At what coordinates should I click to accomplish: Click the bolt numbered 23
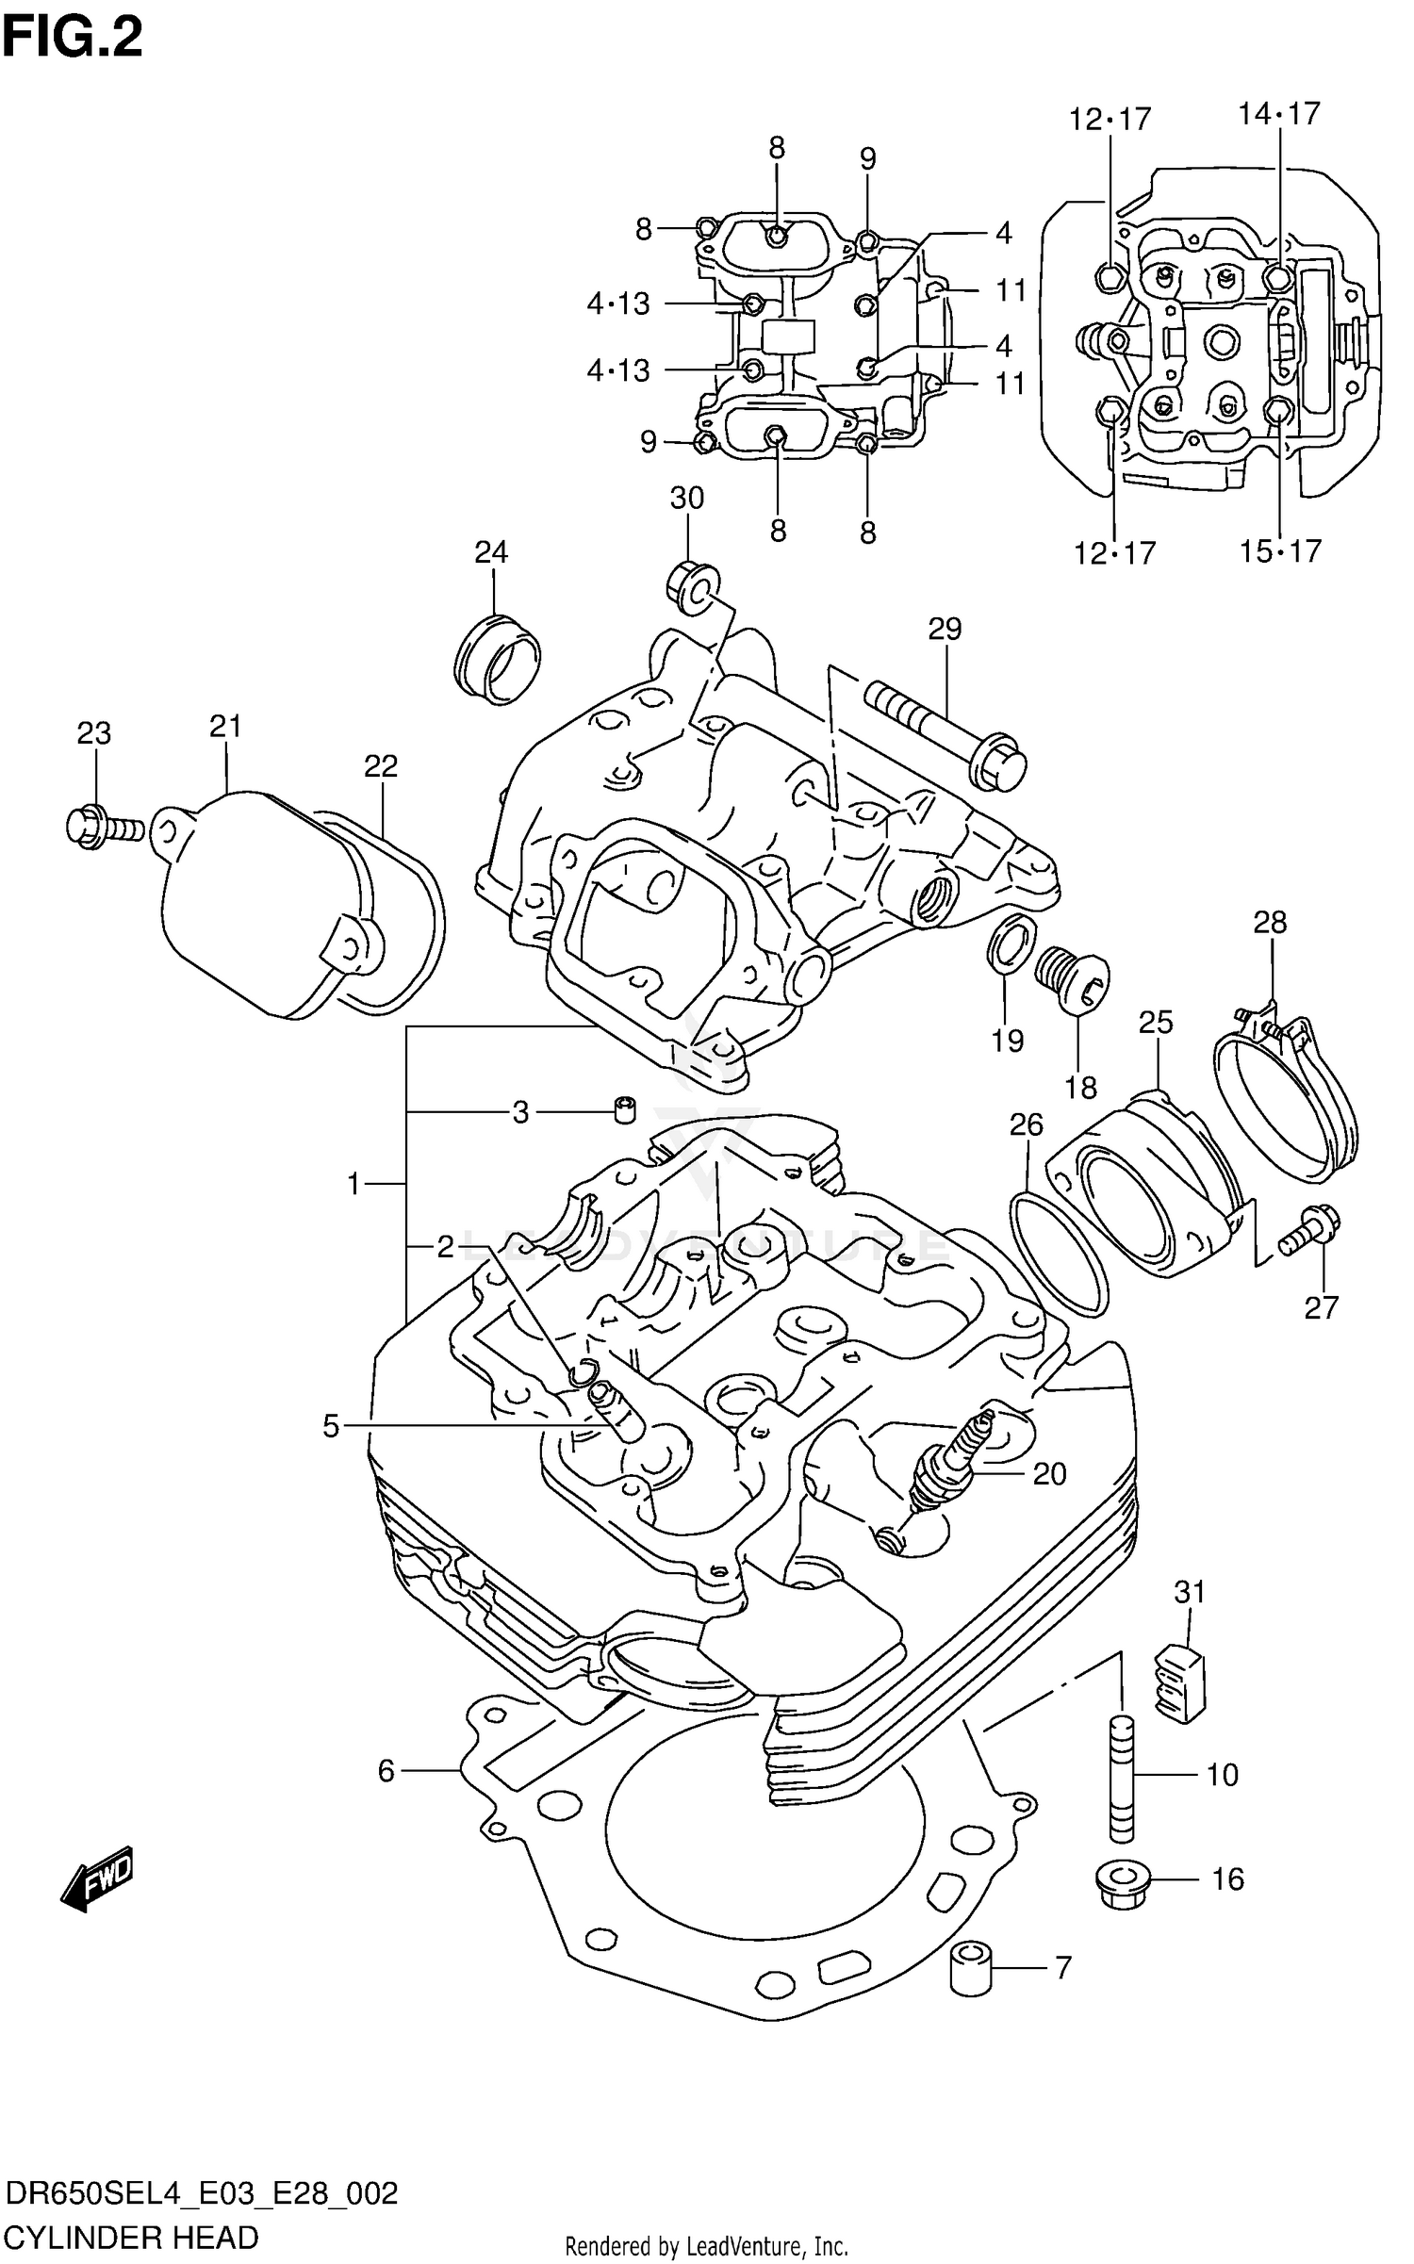tap(104, 828)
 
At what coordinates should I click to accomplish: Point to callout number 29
tap(945, 629)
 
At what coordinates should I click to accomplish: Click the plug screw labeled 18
tap(1075, 980)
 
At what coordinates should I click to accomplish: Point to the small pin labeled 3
tap(623, 1109)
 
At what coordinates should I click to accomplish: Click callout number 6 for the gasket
tap(386, 1772)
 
